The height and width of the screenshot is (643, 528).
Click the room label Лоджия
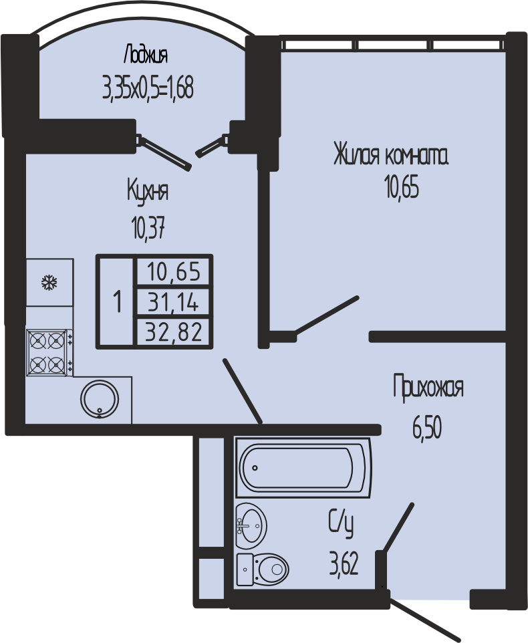146,55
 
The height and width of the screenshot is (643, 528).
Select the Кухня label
148,191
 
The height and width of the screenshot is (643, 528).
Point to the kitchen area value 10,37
148,229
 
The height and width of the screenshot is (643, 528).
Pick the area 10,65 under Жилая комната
402,188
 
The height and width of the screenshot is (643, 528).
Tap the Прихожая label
428,387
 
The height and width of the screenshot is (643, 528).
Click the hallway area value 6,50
427,429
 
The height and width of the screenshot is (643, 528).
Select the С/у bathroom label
341,523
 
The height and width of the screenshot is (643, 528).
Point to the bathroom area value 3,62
344,564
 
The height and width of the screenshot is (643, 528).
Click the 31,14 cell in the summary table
174,303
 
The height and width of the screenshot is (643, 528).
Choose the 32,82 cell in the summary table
174,332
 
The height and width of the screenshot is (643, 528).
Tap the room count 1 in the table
118,302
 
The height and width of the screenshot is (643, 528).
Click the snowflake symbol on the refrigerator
49,283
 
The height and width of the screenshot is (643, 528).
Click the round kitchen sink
100,400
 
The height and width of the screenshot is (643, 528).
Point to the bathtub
303,467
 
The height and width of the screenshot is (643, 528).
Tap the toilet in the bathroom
263,569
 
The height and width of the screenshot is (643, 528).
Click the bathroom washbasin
251,525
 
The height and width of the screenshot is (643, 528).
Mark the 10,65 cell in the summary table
174,271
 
